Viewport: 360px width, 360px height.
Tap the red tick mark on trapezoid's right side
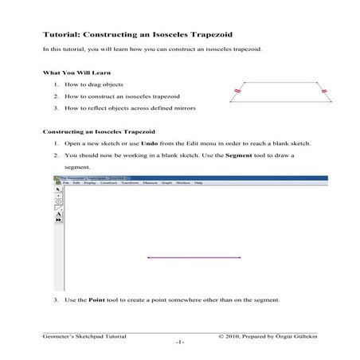(x=323, y=92)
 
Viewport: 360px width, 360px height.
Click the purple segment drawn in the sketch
(x=194, y=258)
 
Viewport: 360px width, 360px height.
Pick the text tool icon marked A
(x=58, y=213)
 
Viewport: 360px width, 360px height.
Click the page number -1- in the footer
(x=180, y=342)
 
